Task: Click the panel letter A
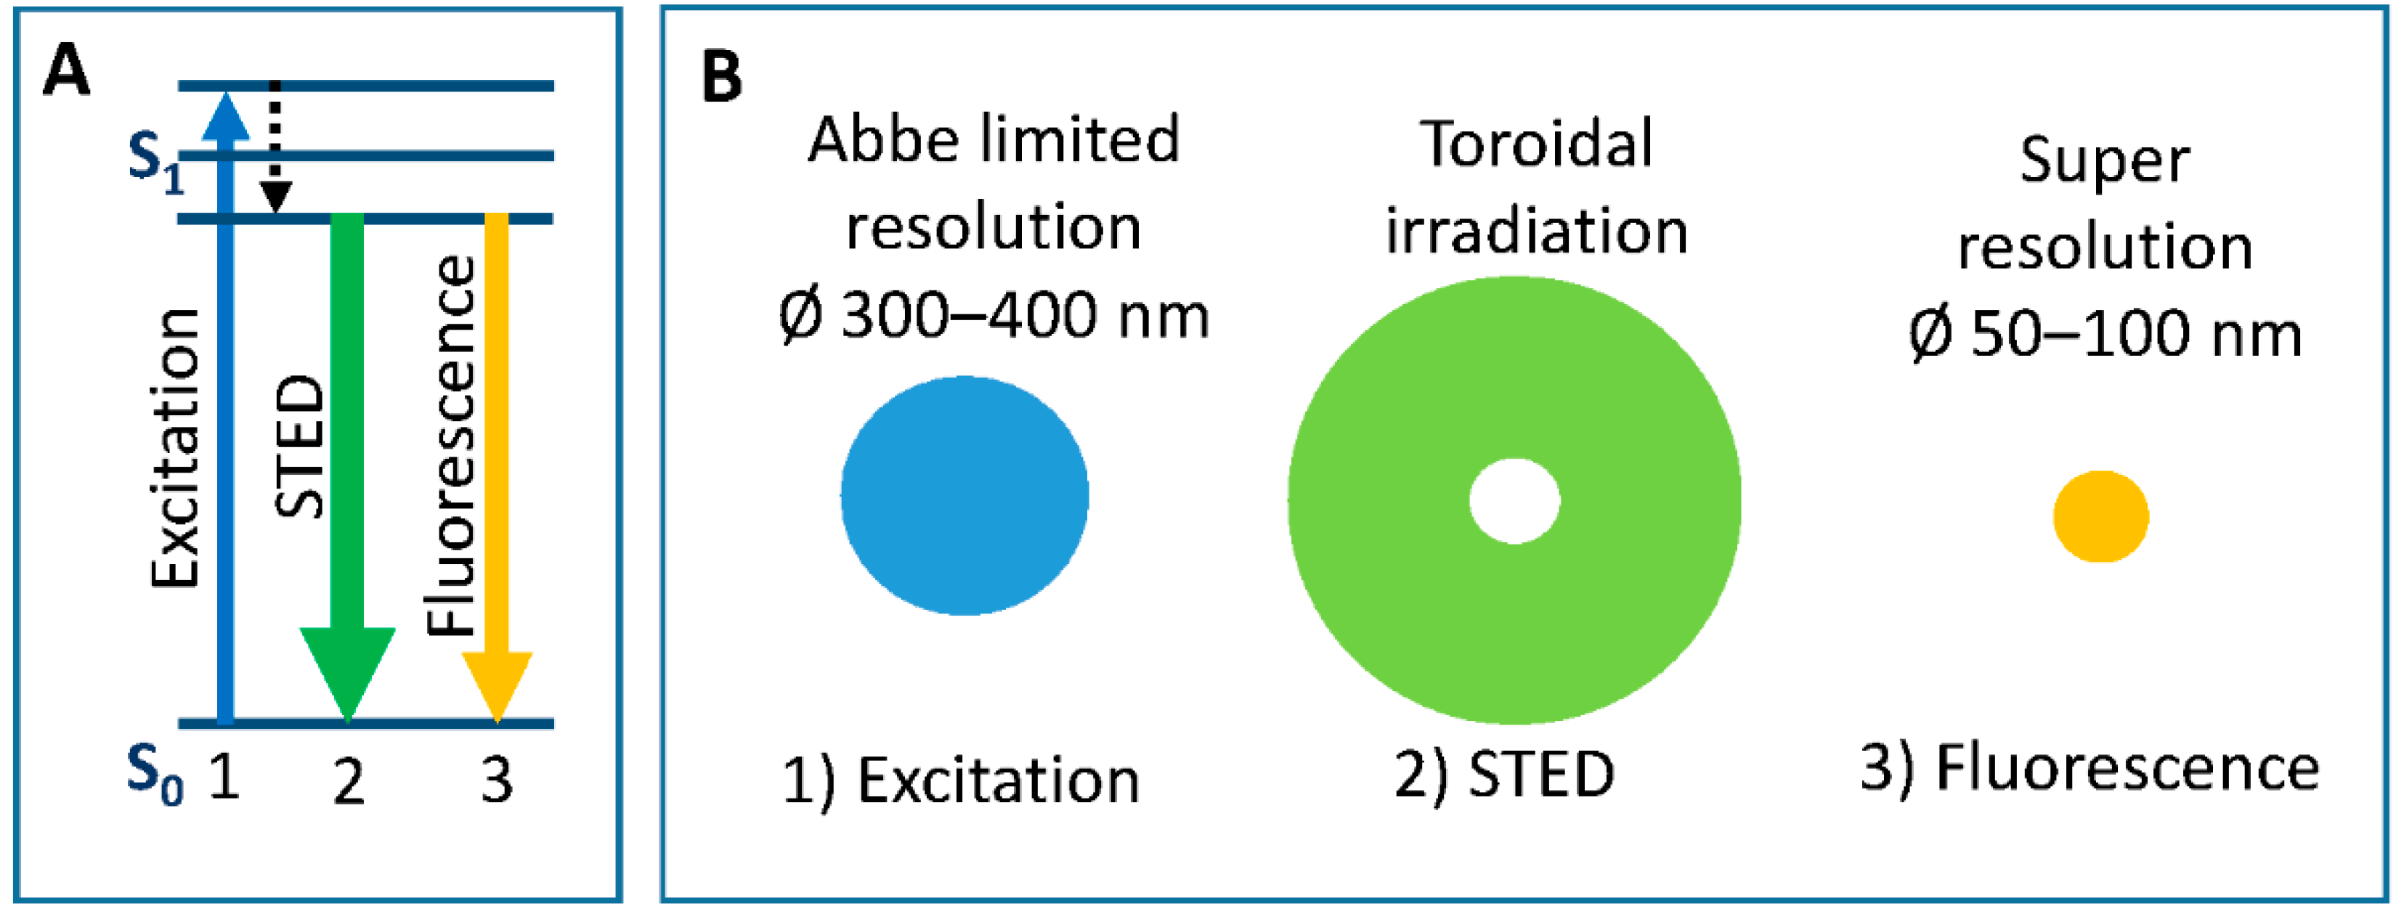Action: [66, 72]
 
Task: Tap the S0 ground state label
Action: [154, 774]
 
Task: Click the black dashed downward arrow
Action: [275, 150]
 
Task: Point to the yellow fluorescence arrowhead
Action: [497, 684]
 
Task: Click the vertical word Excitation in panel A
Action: [176, 448]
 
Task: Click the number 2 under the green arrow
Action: [348, 782]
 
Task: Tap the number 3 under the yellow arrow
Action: [497, 780]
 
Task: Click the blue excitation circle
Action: [964, 495]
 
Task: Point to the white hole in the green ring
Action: [1514, 501]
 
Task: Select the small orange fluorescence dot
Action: [2100, 515]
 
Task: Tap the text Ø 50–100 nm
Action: [2105, 334]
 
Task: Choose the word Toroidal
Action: [1536, 144]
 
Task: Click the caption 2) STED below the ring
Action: [1503, 774]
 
